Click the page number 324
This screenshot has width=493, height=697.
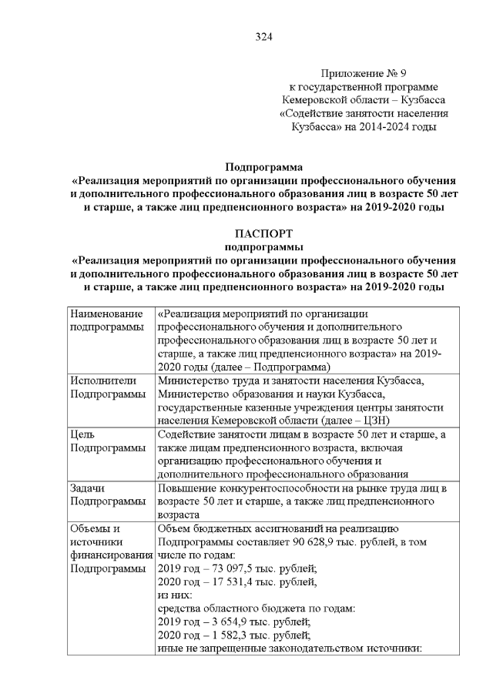[263, 36]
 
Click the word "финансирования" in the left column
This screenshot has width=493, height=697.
[110, 555]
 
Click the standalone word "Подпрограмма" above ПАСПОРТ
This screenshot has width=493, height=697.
[263, 166]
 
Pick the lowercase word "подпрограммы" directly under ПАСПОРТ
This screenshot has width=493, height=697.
[263, 247]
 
